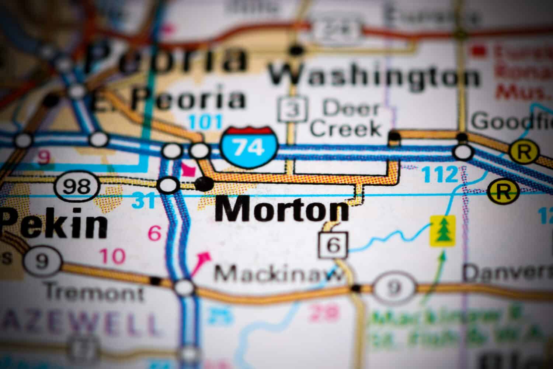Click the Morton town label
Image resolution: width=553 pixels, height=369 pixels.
tap(282, 210)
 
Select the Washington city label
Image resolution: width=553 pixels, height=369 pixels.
tap(374, 76)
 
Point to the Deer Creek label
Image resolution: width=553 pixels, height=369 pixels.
tap(346, 118)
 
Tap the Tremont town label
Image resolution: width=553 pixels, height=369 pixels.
tap(94, 293)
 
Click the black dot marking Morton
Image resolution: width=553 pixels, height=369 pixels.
tap(204, 183)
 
